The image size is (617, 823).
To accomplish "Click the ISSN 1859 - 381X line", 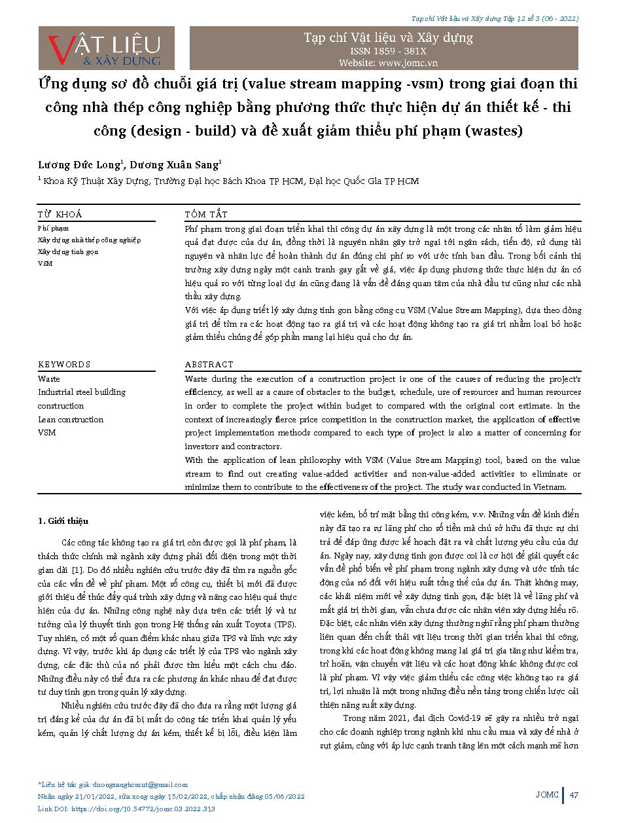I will click(388, 50).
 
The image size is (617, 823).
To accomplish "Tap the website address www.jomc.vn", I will click(388, 63).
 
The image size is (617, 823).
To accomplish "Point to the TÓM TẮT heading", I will click(206, 214).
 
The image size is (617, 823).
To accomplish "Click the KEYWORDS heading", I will click(64, 364).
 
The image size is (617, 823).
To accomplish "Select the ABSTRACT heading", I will click(209, 364).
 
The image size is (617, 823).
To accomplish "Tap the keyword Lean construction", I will click(71, 419).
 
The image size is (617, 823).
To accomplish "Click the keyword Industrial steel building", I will click(82, 392).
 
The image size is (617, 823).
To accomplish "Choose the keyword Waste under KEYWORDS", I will click(49, 378).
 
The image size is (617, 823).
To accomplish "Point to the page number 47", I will click(574, 795).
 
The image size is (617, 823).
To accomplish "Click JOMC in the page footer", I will click(548, 795).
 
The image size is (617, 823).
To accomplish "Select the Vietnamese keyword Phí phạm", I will click(53, 228).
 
